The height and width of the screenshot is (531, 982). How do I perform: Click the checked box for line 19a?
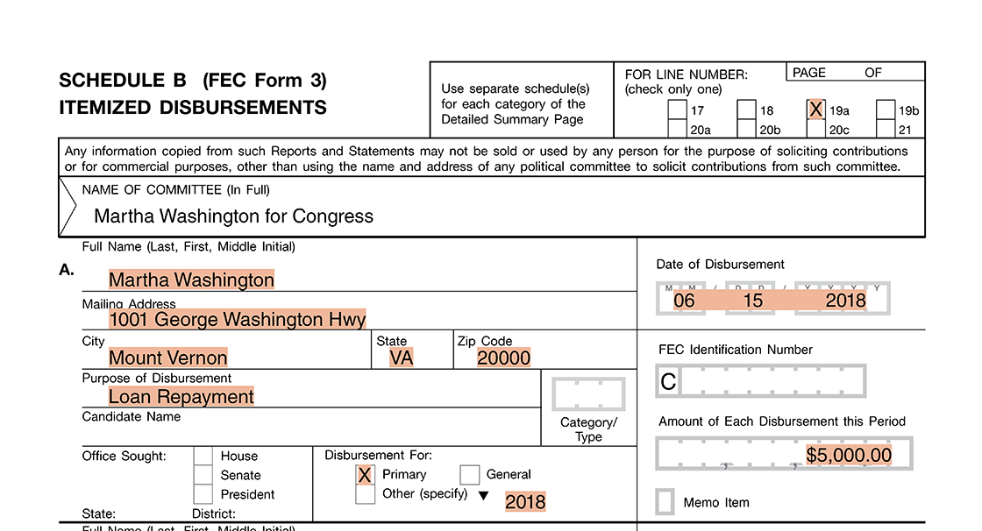[x=815, y=110]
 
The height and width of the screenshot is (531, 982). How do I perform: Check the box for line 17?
[x=677, y=110]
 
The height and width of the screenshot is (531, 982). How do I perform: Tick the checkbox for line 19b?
[x=885, y=110]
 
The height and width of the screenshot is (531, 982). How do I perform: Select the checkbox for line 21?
[x=885, y=130]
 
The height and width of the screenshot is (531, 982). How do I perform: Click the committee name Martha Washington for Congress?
[x=233, y=216]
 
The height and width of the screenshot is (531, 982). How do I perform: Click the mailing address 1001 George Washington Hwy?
[x=237, y=319]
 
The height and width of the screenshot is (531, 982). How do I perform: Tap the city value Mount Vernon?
[x=167, y=358]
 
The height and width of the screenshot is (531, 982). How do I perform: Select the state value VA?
[x=401, y=358]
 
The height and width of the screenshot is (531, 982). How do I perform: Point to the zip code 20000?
[x=503, y=358]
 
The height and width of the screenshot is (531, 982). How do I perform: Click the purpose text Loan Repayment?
[x=181, y=397]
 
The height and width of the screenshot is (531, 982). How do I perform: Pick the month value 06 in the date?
[x=684, y=301]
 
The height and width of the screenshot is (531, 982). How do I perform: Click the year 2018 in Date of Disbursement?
[x=845, y=301]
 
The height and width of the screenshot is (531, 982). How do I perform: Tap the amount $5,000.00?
[x=849, y=456]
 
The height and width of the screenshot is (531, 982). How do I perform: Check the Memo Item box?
[x=665, y=502]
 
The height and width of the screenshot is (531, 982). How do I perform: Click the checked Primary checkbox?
[x=365, y=475]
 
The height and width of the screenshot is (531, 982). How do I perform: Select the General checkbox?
[x=469, y=475]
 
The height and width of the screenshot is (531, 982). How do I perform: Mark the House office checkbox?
[x=203, y=456]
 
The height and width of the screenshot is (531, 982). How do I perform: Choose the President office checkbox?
[x=203, y=494]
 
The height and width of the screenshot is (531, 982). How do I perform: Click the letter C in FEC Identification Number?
[x=668, y=381]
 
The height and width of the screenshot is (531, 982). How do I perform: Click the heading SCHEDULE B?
[x=123, y=81]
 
